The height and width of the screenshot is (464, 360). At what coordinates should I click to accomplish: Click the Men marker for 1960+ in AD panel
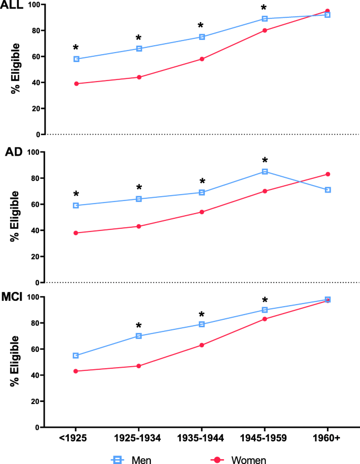pyautogui.click(x=327, y=189)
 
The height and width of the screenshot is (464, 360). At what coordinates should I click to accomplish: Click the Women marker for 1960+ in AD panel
pyautogui.click(x=327, y=174)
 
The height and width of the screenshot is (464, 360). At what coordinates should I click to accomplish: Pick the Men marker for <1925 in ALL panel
pyautogui.click(x=76, y=59)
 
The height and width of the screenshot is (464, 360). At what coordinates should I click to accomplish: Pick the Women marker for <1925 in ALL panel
pyautogui.click(x=76, y=84)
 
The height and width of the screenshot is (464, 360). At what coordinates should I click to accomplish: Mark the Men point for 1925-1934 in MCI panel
pyautogui.click(x=139, y=336)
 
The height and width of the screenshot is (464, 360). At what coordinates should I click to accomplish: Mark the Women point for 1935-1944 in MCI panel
pyautogui.click(x=202, y=345)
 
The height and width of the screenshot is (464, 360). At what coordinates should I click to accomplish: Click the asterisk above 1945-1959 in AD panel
pyautogui.click(x=265, y=160)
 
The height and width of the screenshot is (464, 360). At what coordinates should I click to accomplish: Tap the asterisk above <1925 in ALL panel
pyautogui.click(x=76, y=48)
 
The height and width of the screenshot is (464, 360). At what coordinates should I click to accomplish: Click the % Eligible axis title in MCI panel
pyautogui.click(x=15, y=361)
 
